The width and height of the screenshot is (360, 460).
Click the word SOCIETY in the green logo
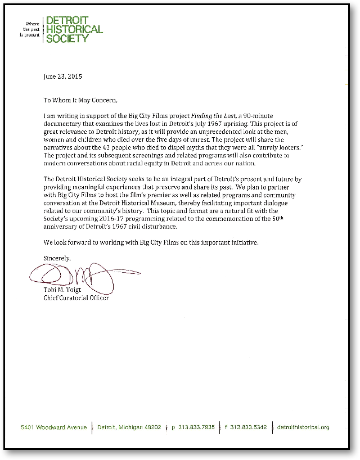pyautogui.click(x=67, y=38)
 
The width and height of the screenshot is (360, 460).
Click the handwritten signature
pyautogui.click(x=79, y=276)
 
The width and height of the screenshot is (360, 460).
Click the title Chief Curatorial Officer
pyautogui.click(x=76, y=297)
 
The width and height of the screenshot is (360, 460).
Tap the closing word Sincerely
pyautogui.click(x=57, y=258)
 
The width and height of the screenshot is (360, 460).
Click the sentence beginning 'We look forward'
pyautogui.click(x=152, y=242)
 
